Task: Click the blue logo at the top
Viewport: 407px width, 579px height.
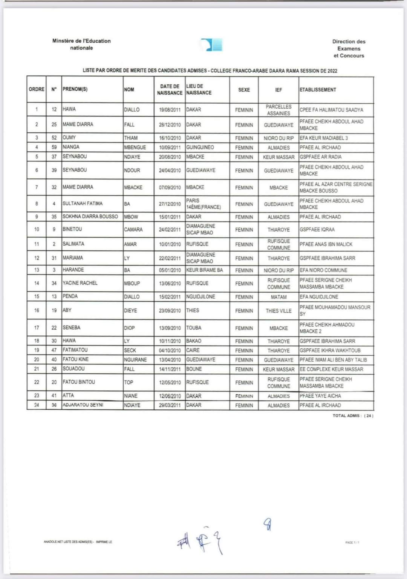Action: [211, 45]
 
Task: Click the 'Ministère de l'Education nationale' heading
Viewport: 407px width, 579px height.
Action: [81, 44]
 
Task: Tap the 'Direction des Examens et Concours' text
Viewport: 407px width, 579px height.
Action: [349, 49]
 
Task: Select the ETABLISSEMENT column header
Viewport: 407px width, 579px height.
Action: [318, 90]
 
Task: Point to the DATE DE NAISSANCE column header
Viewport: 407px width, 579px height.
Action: [170, 89]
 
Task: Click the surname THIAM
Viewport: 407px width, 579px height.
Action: [131, 138]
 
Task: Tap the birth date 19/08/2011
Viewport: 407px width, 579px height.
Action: [170, 110]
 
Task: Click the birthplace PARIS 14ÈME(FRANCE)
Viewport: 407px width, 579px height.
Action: [203, 204]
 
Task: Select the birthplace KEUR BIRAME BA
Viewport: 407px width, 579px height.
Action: [205, 270]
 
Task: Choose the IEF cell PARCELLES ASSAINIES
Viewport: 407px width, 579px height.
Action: [278, 110]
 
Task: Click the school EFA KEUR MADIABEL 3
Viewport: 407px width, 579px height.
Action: [324, 138]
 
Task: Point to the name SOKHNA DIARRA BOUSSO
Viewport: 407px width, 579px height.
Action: [90, 217]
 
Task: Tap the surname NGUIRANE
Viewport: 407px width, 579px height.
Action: [135, 360]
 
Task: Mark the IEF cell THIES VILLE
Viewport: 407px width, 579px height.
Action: [278, 311]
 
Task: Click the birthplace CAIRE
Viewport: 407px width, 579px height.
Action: [193, 350]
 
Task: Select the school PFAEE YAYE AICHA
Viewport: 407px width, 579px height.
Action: [320, 396]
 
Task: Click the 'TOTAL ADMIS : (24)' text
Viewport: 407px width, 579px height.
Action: [353, 416]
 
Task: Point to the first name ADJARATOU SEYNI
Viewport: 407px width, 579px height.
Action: [83, 405]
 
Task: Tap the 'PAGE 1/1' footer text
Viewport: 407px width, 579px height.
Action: [352, 542]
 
